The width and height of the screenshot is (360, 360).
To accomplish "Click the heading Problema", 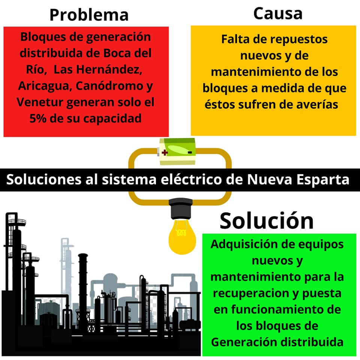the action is click(x=89, y=15).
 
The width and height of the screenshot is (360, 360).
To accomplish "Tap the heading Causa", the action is click(x=278, y=13).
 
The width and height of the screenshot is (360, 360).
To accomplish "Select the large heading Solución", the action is click(x=267, y=220).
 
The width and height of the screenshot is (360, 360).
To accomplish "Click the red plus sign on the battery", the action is click(x=165, y=152).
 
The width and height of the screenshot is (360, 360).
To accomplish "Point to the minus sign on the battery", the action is click(x=190, y=152).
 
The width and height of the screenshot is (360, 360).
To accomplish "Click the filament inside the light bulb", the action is click(x=181, y=232).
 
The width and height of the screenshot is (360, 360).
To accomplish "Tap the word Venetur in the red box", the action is click(x=40, y=102).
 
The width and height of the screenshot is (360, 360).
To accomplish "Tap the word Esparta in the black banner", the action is click(x=323, y=180).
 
